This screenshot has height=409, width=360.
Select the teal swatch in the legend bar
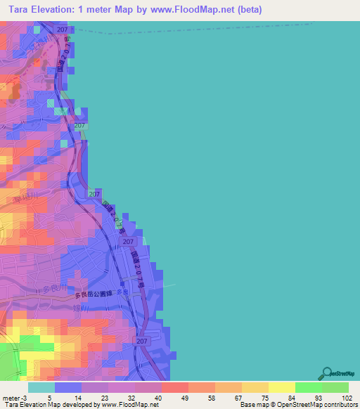coord(41,387)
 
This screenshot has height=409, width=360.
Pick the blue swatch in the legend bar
coord(68,387)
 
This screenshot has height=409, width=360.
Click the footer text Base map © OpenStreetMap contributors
coord(299,405)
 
